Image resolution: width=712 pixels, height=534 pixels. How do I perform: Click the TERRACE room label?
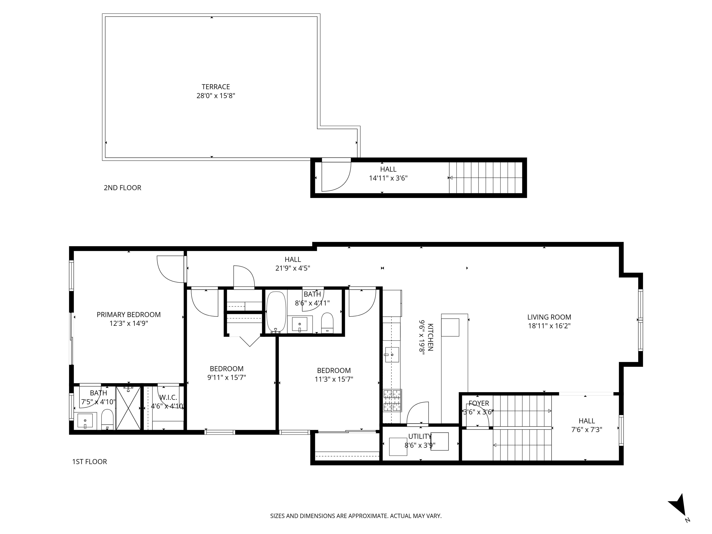216,87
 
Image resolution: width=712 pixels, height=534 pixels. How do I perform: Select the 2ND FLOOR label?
122,188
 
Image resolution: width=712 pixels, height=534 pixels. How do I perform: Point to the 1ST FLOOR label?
89,462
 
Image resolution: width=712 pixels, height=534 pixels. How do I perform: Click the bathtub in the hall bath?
276,312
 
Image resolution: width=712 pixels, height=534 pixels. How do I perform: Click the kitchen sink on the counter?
391,355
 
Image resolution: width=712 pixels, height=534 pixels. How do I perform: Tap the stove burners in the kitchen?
392,400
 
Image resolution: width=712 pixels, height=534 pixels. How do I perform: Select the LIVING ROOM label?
549,317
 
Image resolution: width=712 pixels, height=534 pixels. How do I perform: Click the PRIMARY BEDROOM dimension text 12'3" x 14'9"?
129,324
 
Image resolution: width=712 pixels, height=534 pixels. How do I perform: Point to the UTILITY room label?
420,436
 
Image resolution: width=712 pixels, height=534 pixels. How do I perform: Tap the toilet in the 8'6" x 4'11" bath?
327,322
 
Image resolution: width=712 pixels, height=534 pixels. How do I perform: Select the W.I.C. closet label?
168,397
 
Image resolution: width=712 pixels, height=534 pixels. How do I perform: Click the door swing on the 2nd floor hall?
336,175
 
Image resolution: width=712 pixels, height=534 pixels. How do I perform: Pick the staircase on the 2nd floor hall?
485,178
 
